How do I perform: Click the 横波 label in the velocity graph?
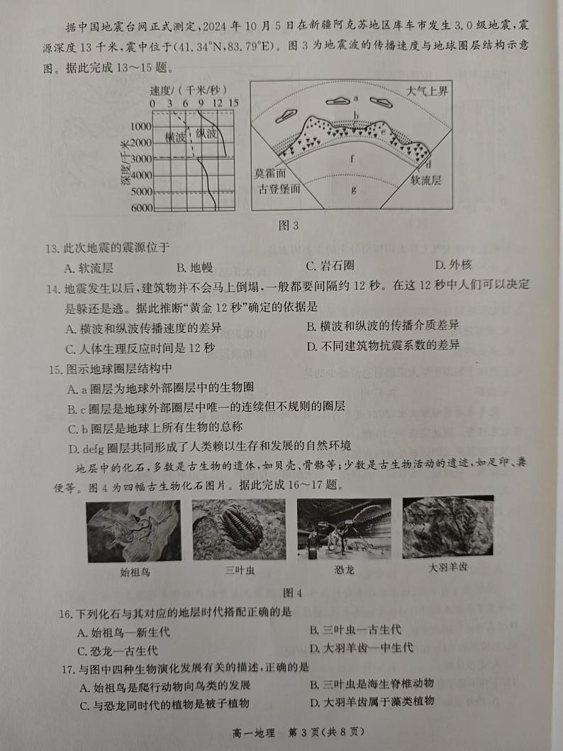(x=174, y=136)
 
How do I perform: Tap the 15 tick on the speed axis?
(x=233, y=104)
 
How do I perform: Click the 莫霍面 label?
(x=272, y=174)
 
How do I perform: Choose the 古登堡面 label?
(x=278, y=189)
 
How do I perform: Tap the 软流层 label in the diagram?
(x=425, y=181)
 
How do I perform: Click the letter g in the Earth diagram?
(x=354, y=190)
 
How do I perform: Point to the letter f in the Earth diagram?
(x=352, y=158)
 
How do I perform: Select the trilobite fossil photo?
(x=239, y=529)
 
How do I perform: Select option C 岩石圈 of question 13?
(x=329, y=267)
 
